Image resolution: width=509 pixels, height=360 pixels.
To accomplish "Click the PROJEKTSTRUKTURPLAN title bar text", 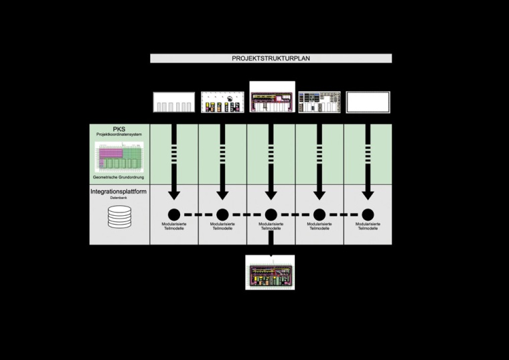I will click(271, 58).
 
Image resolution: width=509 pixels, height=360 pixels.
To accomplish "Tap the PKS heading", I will click(119, 129).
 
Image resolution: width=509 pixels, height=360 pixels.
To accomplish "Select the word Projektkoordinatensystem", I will click(119, 135).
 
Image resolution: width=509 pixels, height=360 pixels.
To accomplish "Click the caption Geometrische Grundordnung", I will click(119, 177).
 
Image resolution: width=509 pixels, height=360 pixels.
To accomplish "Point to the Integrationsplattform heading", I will click(119, 192).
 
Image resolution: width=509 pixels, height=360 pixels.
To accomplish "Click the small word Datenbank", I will click(119, 198).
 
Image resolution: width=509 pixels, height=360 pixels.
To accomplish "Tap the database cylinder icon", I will click(119, 217).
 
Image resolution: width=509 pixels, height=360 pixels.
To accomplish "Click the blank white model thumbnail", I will click(368, 102).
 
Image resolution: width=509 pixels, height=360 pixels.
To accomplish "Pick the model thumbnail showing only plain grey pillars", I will click(174, 102).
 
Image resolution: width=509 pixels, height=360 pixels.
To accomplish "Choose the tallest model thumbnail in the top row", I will click(272, 97).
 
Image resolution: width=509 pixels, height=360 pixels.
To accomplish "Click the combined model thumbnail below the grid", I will click(270, 272).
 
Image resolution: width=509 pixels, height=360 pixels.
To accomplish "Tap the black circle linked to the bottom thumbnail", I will click(271, 215).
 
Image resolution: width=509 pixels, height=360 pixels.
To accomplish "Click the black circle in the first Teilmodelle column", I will click(174, 215).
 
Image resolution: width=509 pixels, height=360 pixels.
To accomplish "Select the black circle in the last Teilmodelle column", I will click(368, 215).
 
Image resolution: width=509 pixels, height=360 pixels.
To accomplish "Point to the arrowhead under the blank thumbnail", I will click(368, 194).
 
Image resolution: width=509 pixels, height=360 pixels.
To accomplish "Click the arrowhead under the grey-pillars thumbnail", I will click(174, 194).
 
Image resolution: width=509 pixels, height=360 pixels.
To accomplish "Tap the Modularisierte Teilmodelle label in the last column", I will click(368, 226).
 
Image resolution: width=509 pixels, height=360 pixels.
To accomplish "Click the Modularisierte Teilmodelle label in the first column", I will click(174, 226).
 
